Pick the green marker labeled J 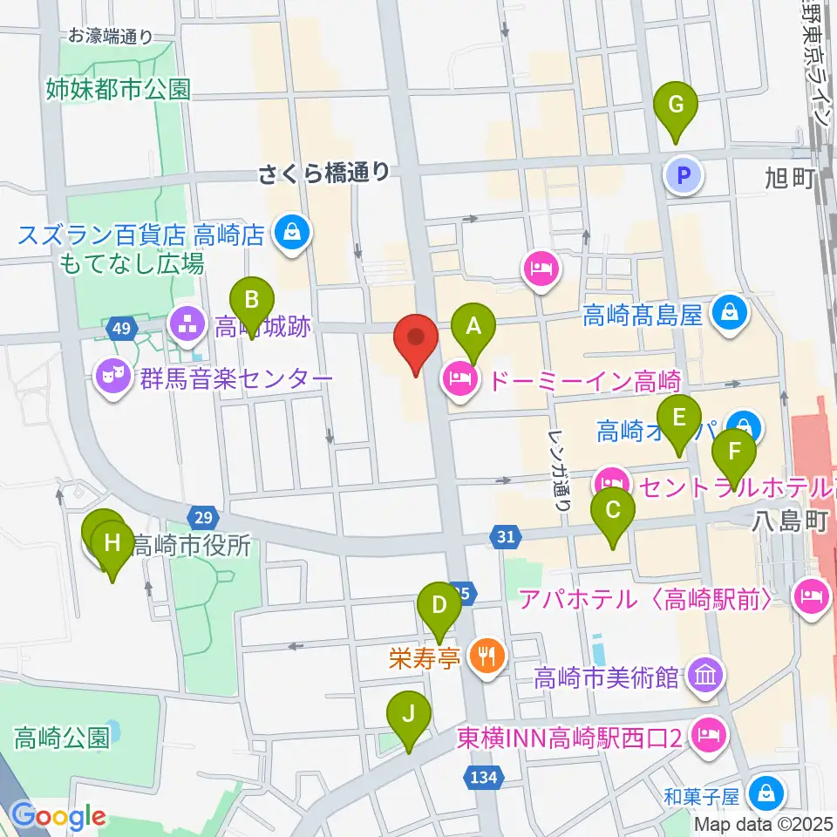[x=408, y=720]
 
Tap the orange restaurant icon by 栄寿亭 [x=482, y=654]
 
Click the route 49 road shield [x=122, y=329]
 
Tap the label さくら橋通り [x=323, y=173]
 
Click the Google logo [x=58, y=816]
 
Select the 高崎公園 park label [x=62, y=738]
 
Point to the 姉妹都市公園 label [x=119, y=90]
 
